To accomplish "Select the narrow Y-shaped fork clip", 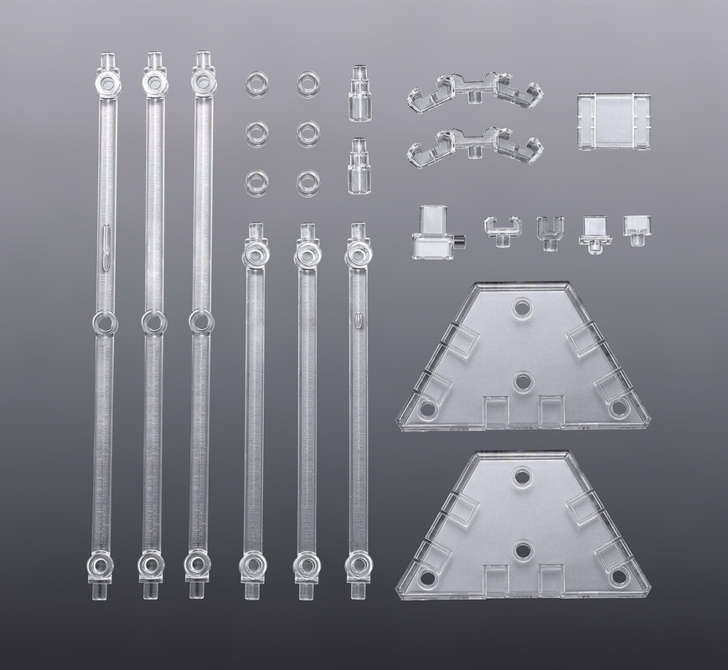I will [549, 230].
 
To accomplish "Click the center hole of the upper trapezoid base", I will [522, 381].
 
